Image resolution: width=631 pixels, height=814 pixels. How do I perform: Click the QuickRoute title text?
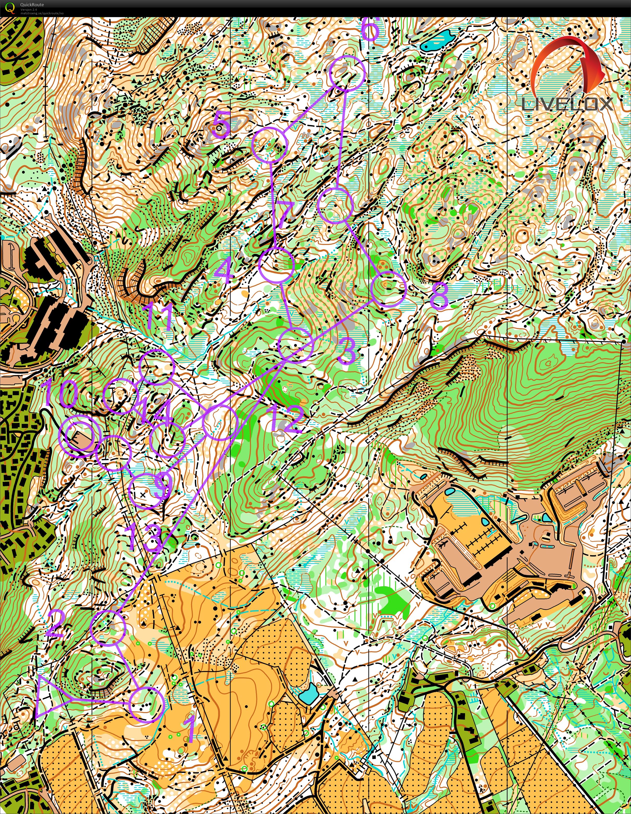tap(32, 4)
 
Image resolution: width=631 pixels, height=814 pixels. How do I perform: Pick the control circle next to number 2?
tap(108, 628)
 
